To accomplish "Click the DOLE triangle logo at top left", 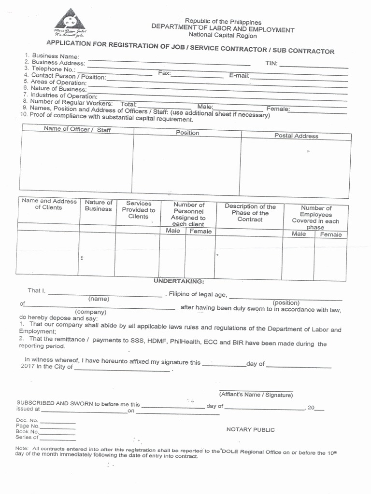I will click(x=70, y=21).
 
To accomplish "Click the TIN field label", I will click(x=271, y=63).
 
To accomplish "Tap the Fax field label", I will click(x=164, y=73).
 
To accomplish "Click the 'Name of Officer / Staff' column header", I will click(x=77, y=129).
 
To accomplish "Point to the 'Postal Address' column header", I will click(x=296, y=136).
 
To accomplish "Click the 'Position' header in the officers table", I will click(x=187, y=133).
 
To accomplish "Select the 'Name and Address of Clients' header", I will click(x=49, y=204).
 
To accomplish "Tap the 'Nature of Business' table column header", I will click(x=99, y=206).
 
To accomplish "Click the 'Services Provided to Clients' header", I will click(x=138, y=210).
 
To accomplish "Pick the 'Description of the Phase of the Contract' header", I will click(x=250, y=213).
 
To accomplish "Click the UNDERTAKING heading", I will click(x=179, y=281).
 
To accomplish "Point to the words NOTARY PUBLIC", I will click(x=250, y=430).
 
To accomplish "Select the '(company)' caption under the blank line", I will click(x=90, y=312).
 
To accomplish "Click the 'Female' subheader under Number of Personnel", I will click(x=200, y=232).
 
